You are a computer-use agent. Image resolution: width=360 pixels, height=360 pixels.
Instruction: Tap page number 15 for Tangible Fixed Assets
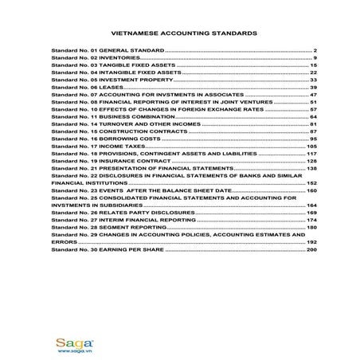tap(314, 65)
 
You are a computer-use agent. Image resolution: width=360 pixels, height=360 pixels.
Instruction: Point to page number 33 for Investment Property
tap(314, 80)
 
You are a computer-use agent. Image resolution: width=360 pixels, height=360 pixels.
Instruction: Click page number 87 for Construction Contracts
tap(314, 131)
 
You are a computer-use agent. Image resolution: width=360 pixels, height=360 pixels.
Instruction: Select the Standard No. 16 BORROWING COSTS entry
tap(96, 139)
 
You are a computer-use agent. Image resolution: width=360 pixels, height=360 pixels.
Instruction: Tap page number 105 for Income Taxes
tap(312, 147)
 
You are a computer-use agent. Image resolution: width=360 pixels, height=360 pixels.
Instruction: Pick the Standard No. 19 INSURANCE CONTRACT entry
tap(99, 161)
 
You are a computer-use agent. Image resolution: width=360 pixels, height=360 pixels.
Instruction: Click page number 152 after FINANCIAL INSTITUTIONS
tap(312, 183)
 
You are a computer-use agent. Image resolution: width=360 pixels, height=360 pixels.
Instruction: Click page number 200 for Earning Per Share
tap(312, 251)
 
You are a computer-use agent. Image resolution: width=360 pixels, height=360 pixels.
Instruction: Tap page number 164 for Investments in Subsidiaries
tap(312, 205)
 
